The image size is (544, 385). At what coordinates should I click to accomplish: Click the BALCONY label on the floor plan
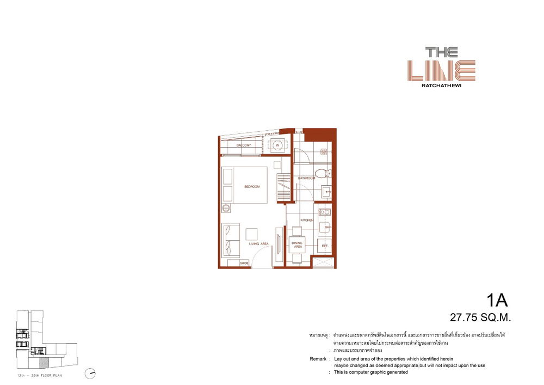coord(243,146)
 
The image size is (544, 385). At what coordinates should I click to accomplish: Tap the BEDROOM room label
coord(252,187)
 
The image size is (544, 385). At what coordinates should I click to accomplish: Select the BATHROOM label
coord(306,178)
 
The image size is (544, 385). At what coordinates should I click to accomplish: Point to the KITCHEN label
coord(307,220)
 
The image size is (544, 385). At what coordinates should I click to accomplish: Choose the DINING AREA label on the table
coord(297,245)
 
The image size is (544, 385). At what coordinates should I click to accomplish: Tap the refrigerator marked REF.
coord(325,246)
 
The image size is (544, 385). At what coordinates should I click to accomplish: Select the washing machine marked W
coord(277,145)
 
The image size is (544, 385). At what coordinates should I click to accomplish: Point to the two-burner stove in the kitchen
coord(324,212)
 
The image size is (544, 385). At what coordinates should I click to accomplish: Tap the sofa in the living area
coord(229,240)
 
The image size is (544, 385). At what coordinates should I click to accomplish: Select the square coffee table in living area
coord(252,234)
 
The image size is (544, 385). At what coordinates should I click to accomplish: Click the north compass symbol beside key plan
coord(90,373)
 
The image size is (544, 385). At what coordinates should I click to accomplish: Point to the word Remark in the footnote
coord(318,359)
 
